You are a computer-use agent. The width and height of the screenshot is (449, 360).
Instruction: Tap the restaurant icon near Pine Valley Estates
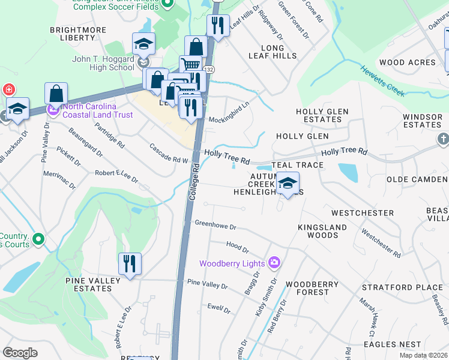pyautogui.click(x=130, y=264)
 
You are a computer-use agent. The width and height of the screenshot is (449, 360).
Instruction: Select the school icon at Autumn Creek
pyautogui.click(x=288, y=184)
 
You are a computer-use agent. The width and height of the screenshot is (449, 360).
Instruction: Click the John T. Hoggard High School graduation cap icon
pyautogui.click(x=143, y=44)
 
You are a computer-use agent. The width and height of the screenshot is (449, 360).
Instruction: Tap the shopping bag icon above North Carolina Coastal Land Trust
pyautogui.click(x=56, y=94)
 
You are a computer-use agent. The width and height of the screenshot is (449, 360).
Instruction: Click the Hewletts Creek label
pyautogui.click(x=382, y=80)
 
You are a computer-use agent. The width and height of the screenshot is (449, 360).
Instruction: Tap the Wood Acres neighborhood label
pyautogui.click(x=407, y=62)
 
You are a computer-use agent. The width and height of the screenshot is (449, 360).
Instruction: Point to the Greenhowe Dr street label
pyautogui.click(x=215, y=225)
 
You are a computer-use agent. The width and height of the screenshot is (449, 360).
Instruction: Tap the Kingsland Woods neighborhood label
pyautogui.click(x=322, y=231)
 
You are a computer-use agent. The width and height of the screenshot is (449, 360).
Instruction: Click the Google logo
pyautogui.click(x=20, y=352)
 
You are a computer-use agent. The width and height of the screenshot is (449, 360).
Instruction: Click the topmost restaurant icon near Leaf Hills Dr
pyautogui.click(x=217, y=26)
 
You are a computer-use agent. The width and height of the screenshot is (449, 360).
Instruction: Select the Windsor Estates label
pyautogui.click(x=422, y=121)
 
